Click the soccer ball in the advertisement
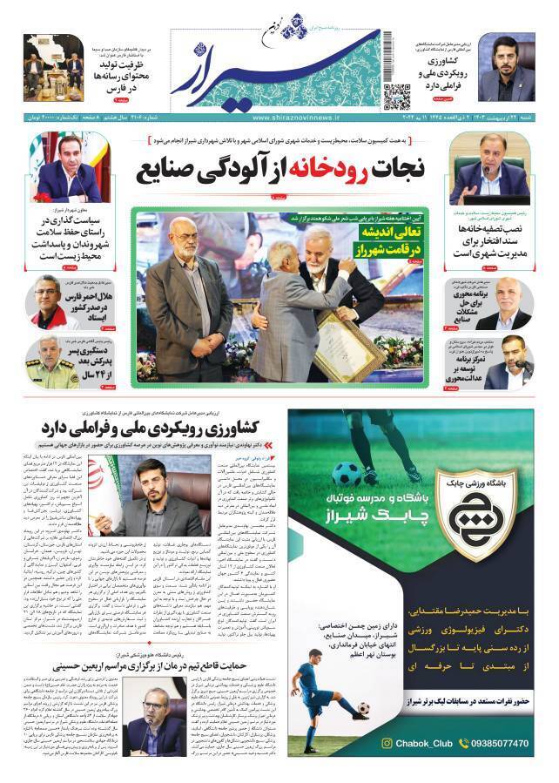pyautogui.click(x=347, y=474)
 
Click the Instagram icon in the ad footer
pyautogui.click(x=387, y=744)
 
